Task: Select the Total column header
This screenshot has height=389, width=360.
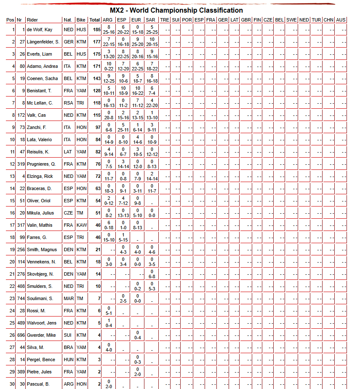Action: (95, 20)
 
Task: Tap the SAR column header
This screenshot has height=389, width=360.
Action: (150, 20)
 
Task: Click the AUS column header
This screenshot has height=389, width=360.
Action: (341, 20)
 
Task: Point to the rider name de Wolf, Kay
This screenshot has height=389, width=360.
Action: (40, 30)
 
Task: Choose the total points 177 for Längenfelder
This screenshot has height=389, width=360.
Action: (96, 42)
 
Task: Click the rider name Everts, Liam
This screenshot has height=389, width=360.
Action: (40, 54)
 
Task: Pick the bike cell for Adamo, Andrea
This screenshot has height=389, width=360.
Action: (81, 66)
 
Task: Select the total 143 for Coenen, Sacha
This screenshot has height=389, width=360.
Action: (96, 78)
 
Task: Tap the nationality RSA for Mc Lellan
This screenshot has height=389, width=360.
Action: (68, 103)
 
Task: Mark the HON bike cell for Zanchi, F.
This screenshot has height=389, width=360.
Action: (81, 127)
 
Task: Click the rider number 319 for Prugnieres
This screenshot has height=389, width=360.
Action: (21, 164)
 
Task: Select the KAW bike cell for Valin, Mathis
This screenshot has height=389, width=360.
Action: (81, 225)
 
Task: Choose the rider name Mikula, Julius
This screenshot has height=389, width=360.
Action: (41, 213)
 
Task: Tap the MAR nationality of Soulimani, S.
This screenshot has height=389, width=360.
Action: (68, 298)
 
